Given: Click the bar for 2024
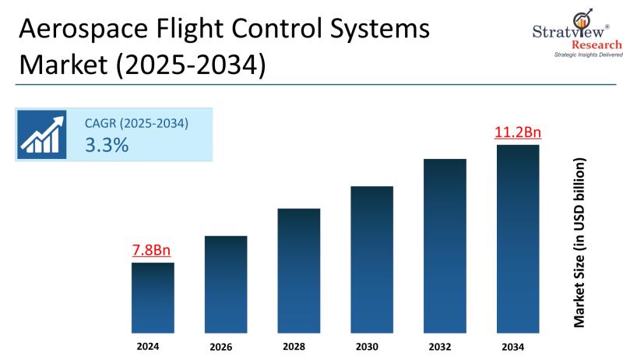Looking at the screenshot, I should tap(153, 298).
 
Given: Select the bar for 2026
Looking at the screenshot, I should tap(226, 284).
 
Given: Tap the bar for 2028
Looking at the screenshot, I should tap(299, 270).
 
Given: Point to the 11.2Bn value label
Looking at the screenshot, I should tap(518, 132).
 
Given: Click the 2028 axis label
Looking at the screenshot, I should tap(299, 346).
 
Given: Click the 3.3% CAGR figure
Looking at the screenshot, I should tap(107, 145).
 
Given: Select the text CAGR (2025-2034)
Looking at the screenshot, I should tap(136, 122).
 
